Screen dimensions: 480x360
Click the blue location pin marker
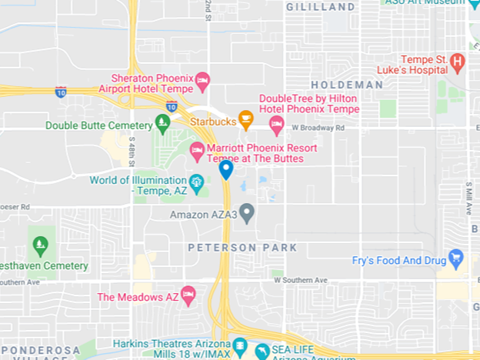(x=226, y=169)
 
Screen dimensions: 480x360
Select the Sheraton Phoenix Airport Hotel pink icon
(x=202, y=79)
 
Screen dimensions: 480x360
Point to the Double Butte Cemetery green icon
(x=162, y=122)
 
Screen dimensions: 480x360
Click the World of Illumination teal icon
(x=198, y=182)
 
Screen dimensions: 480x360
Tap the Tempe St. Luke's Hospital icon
(x=458, y=62)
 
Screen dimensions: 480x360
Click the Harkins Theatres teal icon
(x=238, y=345)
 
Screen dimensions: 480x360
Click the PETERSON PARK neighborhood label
(x=242, y=248)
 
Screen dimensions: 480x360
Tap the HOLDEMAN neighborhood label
(x=347, y=85)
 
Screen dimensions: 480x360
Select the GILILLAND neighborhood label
(x=320, y=6)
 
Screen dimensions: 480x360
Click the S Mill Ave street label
(x=468, y=198)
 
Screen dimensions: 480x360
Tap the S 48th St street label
(x=132, y=154)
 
